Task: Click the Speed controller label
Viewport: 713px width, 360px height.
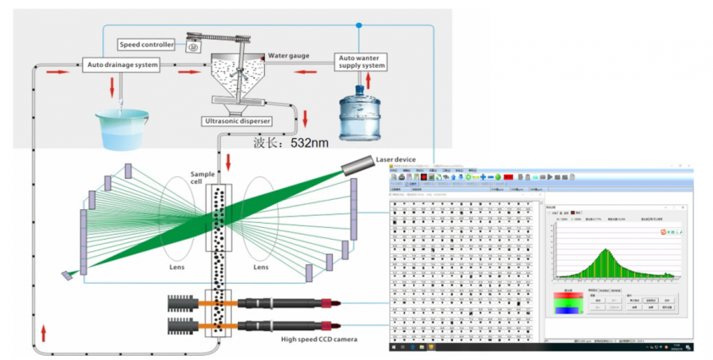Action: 146,44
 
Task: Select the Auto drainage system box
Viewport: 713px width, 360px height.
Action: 122,64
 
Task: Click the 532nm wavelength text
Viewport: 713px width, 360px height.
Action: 309,143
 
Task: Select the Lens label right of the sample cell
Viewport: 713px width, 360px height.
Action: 260,266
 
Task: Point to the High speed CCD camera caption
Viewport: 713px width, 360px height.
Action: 319,339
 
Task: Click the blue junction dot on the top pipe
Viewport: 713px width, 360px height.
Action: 358,26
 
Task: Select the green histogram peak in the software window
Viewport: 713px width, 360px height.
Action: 606,252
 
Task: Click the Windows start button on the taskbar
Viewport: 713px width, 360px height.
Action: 394,347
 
